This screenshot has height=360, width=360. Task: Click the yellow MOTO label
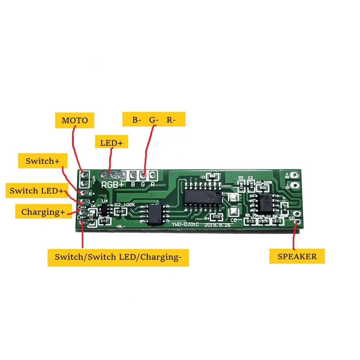tap(75, 120)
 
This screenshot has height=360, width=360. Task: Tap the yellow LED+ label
tap(111, 143)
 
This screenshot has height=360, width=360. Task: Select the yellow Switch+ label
tap(42, 161)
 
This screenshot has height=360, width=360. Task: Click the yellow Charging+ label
tap(43, 212)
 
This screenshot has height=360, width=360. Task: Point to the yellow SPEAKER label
tap(297, 256)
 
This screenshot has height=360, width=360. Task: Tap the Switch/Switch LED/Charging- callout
tap(118, 257)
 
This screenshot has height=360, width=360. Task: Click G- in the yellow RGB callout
tap(153, 120)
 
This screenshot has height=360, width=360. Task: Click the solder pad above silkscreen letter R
tap(152, 175)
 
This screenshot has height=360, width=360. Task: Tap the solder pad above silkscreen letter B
tap(133, 175)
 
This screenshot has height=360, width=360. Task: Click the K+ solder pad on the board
tap(83, 193)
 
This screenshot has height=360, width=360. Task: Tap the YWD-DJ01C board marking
tap(183, 225)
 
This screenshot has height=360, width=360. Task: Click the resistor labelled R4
tap(217, 217)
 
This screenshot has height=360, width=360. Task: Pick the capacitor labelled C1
tap(213, 177)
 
